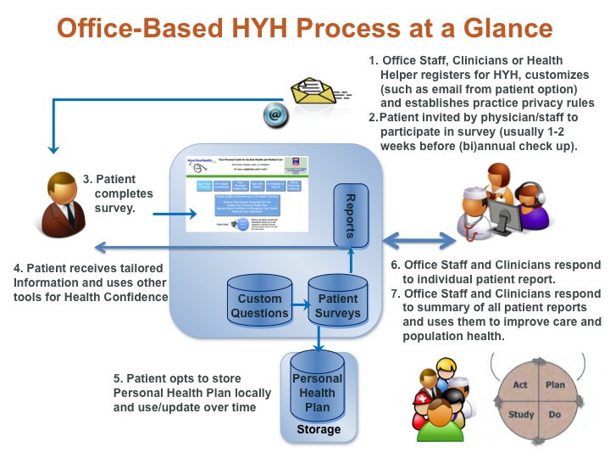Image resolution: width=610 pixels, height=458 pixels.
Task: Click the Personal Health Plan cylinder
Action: (316, 391)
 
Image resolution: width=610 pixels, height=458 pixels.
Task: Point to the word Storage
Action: (318, 429)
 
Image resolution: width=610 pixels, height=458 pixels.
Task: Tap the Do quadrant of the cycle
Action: (555, 416)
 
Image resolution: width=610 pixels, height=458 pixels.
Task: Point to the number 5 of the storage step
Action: (117, 377)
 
